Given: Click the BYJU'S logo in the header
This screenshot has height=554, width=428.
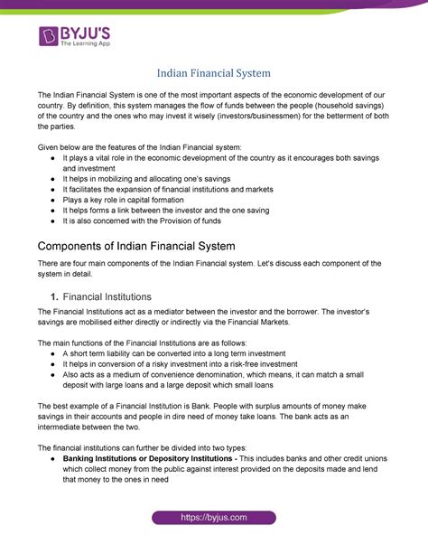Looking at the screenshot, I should click(x=76, y=39).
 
